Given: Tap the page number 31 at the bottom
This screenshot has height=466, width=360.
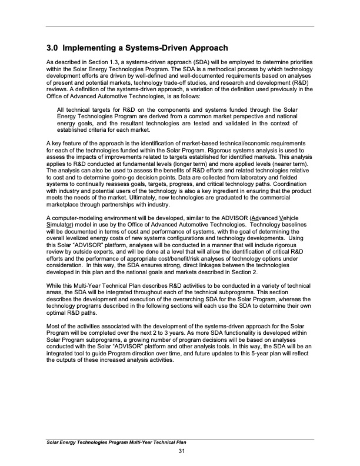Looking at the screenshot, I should pos(182,451).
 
